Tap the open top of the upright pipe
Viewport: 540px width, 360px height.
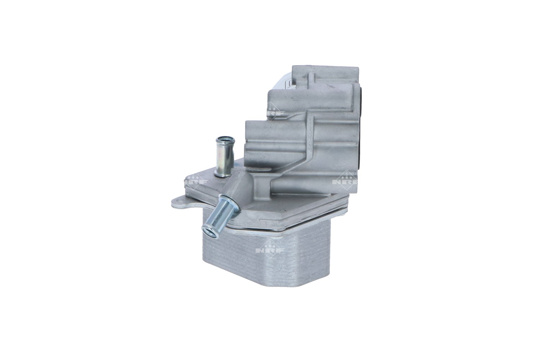[x=223, y=139]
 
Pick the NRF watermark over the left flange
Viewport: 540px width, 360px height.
[x=196, y=181]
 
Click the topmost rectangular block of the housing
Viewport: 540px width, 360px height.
[x=324, y=74]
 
